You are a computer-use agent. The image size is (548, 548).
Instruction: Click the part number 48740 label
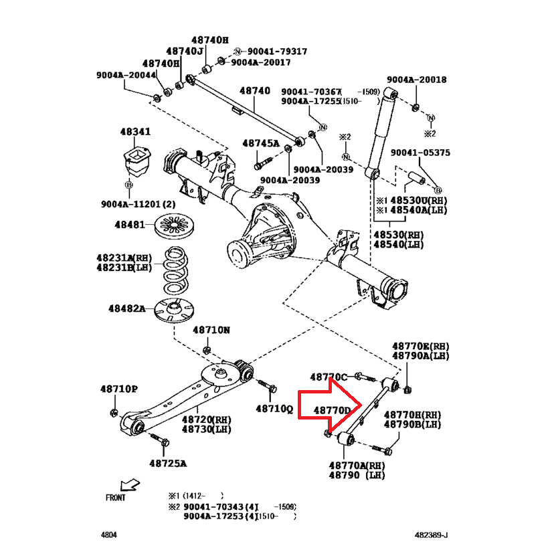254,91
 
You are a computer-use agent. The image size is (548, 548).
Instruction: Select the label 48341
135,132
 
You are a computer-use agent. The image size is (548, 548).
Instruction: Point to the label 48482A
127,308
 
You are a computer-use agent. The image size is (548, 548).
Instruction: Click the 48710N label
211,330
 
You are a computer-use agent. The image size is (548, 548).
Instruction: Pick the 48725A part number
167,463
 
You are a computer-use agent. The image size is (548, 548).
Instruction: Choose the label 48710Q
274,408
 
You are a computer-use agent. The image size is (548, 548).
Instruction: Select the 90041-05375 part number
420,153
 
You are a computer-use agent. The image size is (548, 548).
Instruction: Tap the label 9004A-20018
416,80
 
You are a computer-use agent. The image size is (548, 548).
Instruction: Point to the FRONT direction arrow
130,484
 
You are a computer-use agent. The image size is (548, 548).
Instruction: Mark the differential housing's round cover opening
239,254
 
